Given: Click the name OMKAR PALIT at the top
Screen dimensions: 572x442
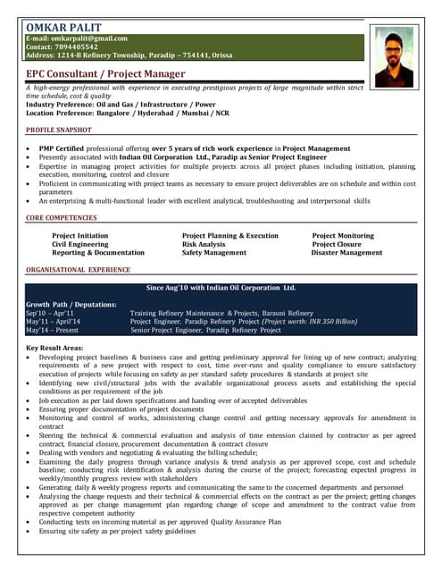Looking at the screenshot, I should tap(63, 25).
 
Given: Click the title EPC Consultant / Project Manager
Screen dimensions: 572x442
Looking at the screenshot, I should tap(105, 74).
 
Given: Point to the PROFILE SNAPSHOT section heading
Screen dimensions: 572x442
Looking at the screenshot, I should tap(59, 130).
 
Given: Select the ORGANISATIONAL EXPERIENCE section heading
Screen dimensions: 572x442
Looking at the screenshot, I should tap(78, 269).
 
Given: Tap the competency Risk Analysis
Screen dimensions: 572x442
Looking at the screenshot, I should tap(204, 244).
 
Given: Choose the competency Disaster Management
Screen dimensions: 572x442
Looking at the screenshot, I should tap(346, 253).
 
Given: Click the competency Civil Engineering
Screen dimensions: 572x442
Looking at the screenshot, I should tap(79, 244).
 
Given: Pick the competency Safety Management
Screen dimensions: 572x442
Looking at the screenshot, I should tap(213, 253).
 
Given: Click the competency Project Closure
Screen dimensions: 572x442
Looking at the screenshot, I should tap(337, 244).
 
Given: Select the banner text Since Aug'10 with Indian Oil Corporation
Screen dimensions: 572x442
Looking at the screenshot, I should tap(220, 288).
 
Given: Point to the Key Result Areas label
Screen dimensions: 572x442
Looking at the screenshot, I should tap(54, 347).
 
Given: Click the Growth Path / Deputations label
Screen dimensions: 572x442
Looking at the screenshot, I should tap(71, 305).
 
